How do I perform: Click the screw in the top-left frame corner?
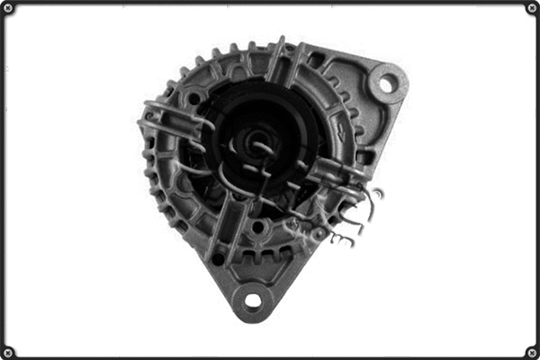[x=7, y=8]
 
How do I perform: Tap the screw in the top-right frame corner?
[x=532, y=8]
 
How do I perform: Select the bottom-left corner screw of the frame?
[x=7, y=352]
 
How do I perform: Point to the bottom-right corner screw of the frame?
[x=532, y=352]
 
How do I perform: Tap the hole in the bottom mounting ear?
[x=253, y=300]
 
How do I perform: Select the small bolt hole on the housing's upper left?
[x=192, y=97]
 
